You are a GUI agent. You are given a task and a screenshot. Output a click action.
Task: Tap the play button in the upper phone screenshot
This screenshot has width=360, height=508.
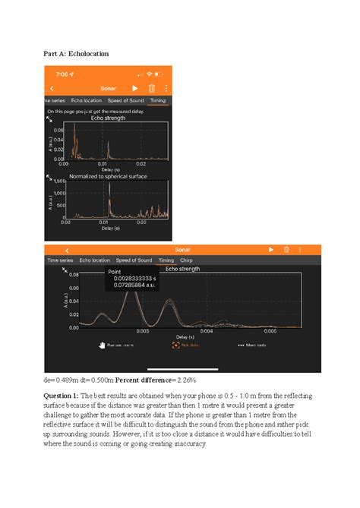coord(135,88)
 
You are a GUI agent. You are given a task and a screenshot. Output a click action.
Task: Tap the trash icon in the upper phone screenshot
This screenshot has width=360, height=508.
coord(150,88)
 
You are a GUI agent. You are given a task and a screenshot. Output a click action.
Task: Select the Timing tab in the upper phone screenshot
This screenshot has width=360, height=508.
coord(158,100)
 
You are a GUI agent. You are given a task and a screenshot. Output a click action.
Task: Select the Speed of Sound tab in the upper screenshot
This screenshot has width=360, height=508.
coord(125,100)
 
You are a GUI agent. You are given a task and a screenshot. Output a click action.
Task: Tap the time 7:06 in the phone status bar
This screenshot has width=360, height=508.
coord(62,74)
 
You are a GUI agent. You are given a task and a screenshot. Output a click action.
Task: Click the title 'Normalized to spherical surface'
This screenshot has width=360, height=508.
coord(108,176)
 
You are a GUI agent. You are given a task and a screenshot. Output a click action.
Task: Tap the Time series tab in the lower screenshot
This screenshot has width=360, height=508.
coord(60,260)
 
